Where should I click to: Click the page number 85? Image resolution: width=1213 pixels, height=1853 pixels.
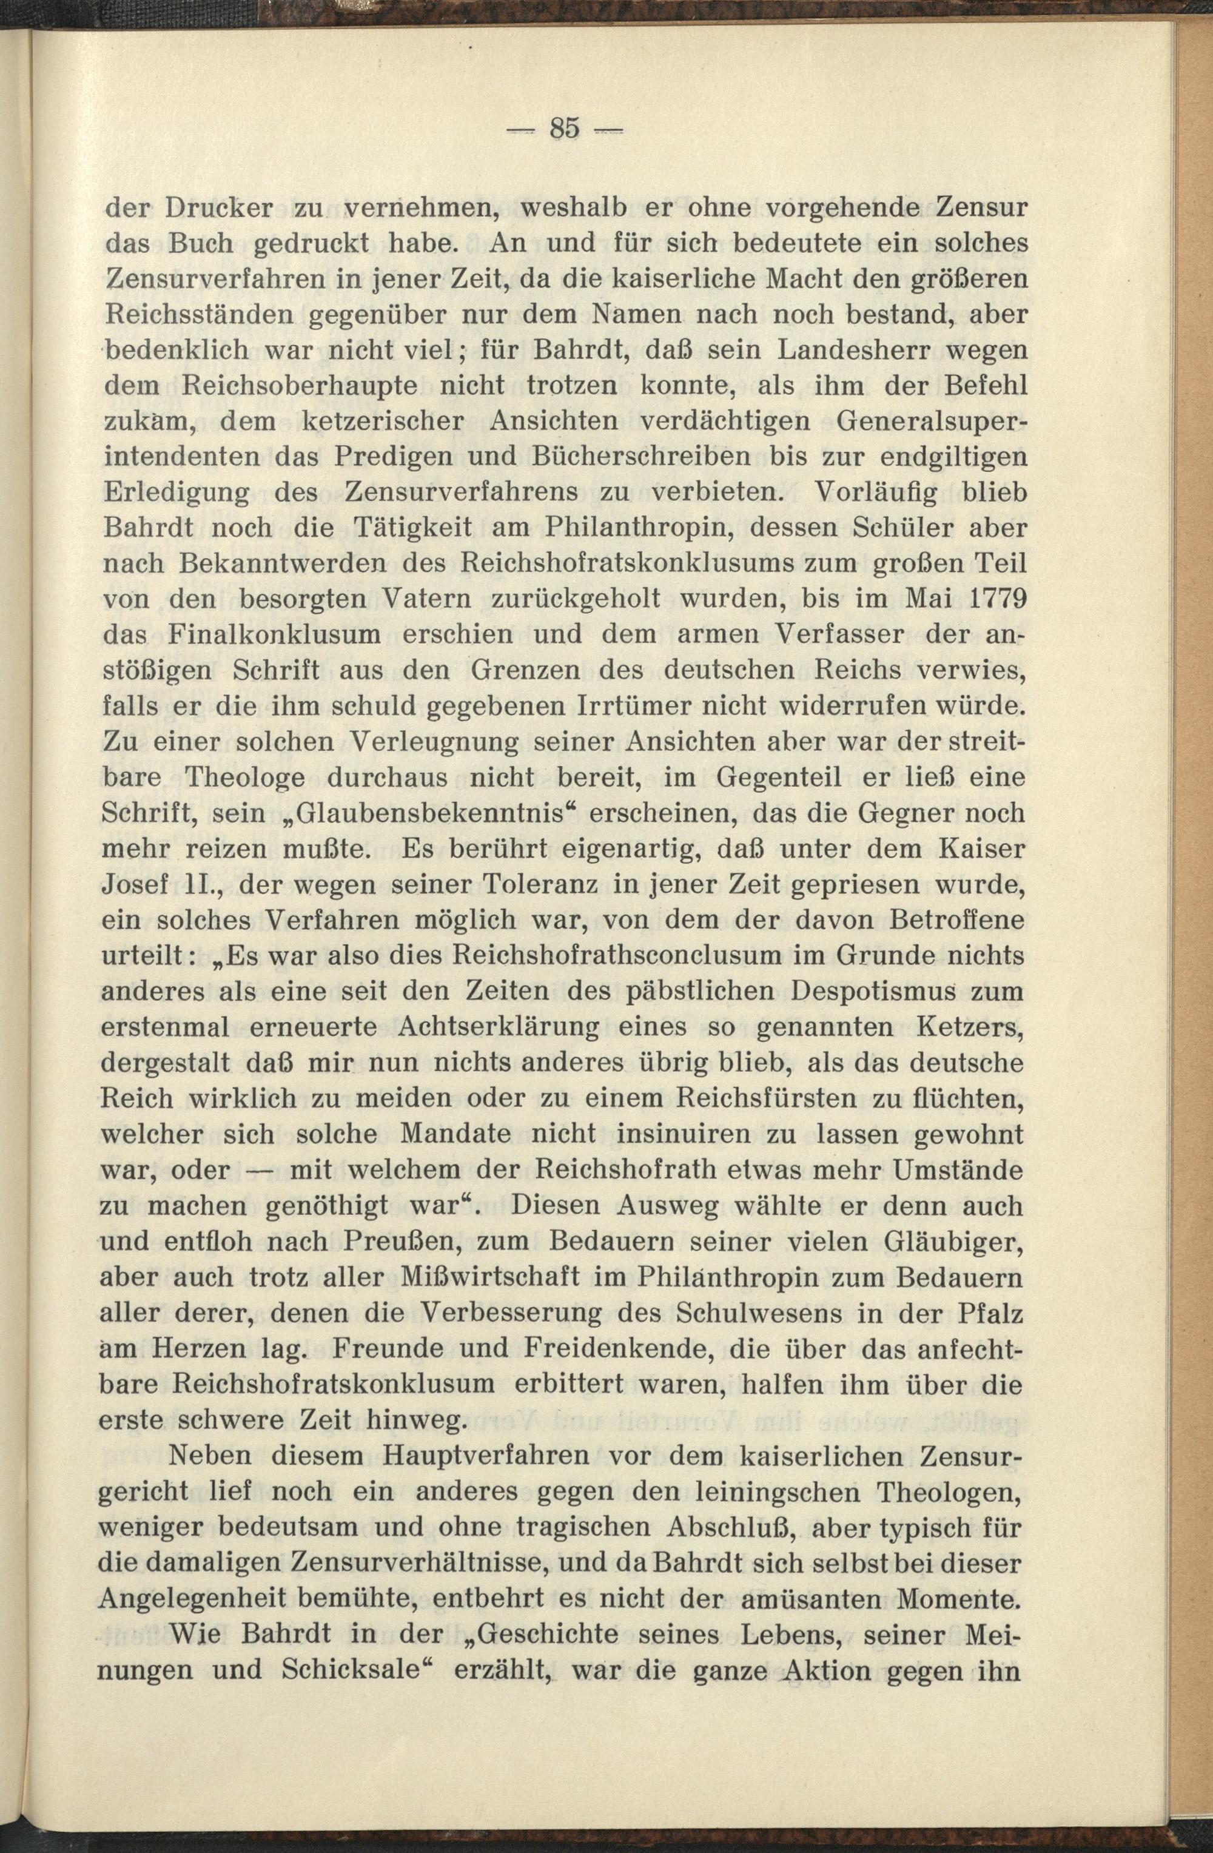(x=565, y=129)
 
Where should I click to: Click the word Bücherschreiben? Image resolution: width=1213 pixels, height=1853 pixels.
(x=630, y=456)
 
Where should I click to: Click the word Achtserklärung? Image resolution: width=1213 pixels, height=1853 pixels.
(x=499, y=1027)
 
